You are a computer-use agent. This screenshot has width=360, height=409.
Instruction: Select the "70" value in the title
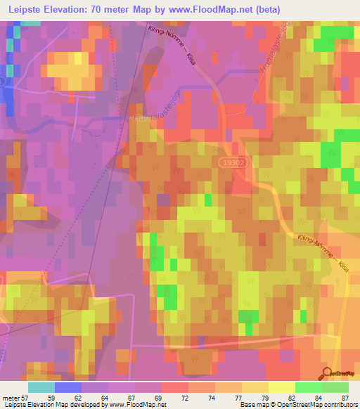[x=104, y=9]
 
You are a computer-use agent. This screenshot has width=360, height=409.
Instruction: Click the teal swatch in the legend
[x=41, y=387]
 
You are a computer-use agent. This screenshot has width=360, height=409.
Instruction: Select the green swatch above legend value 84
[x=308, y=387]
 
